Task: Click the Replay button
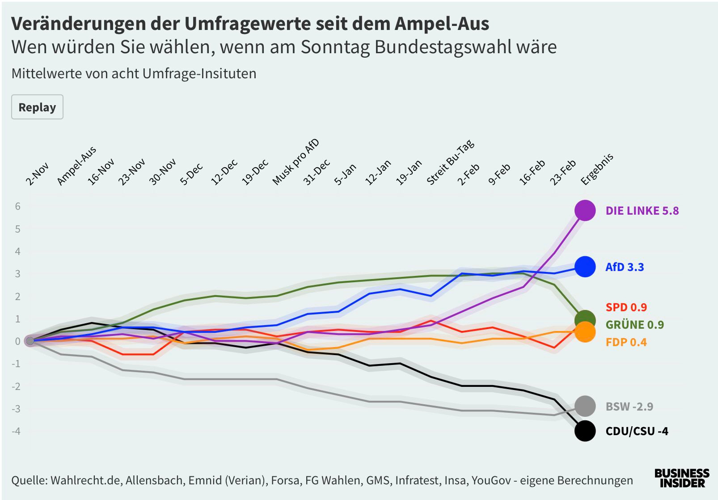[x=37, y=107]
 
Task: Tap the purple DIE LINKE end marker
[x=585, y=210]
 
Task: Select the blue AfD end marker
[x=585, y=267]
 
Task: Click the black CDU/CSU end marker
[x=585, y=431]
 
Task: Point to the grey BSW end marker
[x=585, y=406]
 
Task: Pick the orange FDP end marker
[x=585, y=332]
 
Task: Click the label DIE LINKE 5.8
[x=642, y=211]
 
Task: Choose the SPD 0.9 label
[x=626, y=307]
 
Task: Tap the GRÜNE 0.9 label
[x=634, y=325]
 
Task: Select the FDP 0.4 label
[x=626, y=342]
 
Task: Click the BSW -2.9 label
[x=629, y=407]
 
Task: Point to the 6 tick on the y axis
[x=18, y=206]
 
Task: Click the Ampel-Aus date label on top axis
[x=77, y=165]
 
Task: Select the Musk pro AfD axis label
[x=296, y=162]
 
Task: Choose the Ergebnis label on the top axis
[x=597, y=169]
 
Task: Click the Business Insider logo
[x=681, y=478]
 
